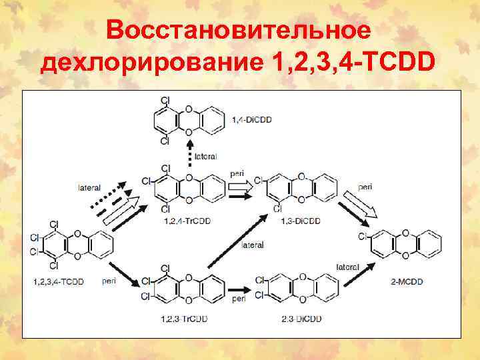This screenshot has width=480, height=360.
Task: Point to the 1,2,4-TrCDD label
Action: (183, 221)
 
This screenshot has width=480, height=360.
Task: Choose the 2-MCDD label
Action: (407, 282)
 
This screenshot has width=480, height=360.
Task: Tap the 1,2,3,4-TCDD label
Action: (58, 282)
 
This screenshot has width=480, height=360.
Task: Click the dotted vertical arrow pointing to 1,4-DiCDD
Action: (189, 153)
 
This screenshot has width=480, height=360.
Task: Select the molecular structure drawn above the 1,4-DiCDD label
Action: (189, 119)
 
